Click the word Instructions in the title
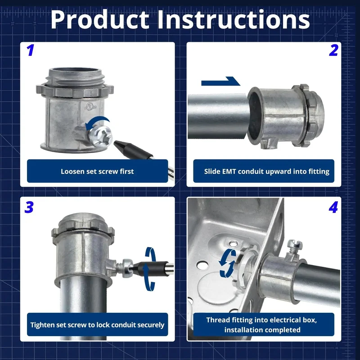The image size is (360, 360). click(x=233, y=19)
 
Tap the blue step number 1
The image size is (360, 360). click(x=30, y=50)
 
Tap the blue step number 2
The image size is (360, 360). click(x=333, y=50)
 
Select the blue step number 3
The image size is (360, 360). click(x=29, y=207)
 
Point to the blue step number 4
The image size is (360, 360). click(x=333, y=207)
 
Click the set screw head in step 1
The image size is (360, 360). click(x=100, y=136)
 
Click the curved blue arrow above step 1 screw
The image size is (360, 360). click(x=97, y=122)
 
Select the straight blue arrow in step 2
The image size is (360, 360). click(x=220, y=81)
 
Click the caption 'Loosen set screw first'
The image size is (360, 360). click(x=97, y=171)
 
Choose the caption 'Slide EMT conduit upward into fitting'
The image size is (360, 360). click(x=266, y=171)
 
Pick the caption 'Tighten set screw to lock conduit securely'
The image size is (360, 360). click(x=97, y=325)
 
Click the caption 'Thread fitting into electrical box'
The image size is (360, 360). click(x=261, y=320)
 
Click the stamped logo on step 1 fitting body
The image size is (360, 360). click(x=90, y=107)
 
